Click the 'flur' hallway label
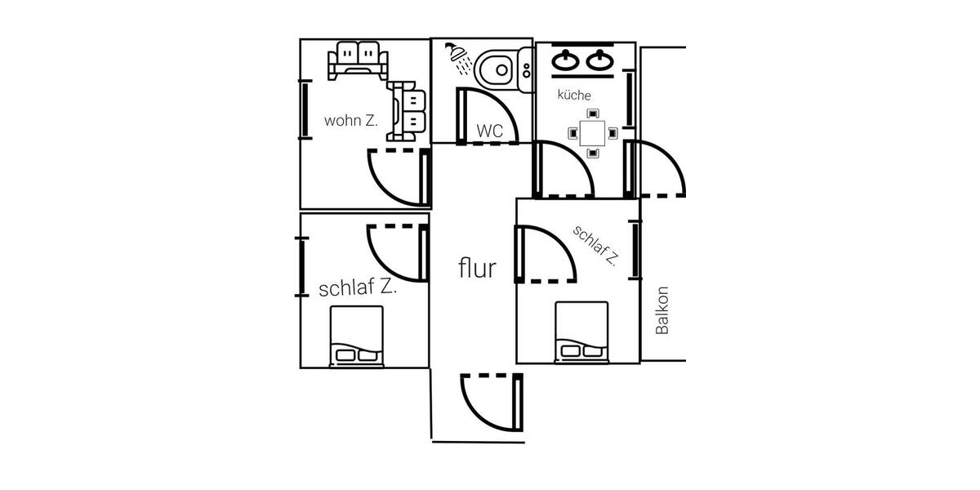[x=477, y=267]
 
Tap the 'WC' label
[x=489, y=131]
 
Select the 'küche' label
[x=574, y=96]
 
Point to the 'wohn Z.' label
[x=350, y=121]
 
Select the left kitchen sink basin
[x=566, y=60]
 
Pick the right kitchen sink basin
[x=602, y=60]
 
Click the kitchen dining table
[x=592, y=131]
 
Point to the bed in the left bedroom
[x=356, y=336]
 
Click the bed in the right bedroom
[x=581, y=332]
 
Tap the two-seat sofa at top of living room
[x=356, y=59]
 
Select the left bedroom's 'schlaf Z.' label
[x=358, y=288]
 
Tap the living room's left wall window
[x=304, y=109]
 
